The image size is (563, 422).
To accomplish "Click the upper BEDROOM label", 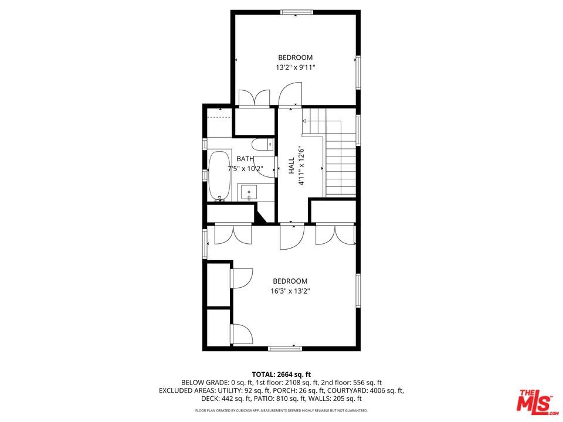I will tap(295, 57).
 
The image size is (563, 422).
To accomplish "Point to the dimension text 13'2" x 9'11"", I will tap(296, 67).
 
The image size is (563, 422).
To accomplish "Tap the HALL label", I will tap(291, 166).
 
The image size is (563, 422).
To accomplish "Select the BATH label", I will tap(245, 159).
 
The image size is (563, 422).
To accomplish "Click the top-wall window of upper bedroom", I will tap(296, 12).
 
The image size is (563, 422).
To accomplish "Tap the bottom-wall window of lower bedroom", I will tap(284, 349).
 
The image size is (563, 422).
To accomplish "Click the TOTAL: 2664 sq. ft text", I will tap(281, 374).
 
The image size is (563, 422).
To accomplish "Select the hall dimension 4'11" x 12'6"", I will tap(301, 166).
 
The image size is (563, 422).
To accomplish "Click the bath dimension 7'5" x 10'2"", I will tap(245, 169).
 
